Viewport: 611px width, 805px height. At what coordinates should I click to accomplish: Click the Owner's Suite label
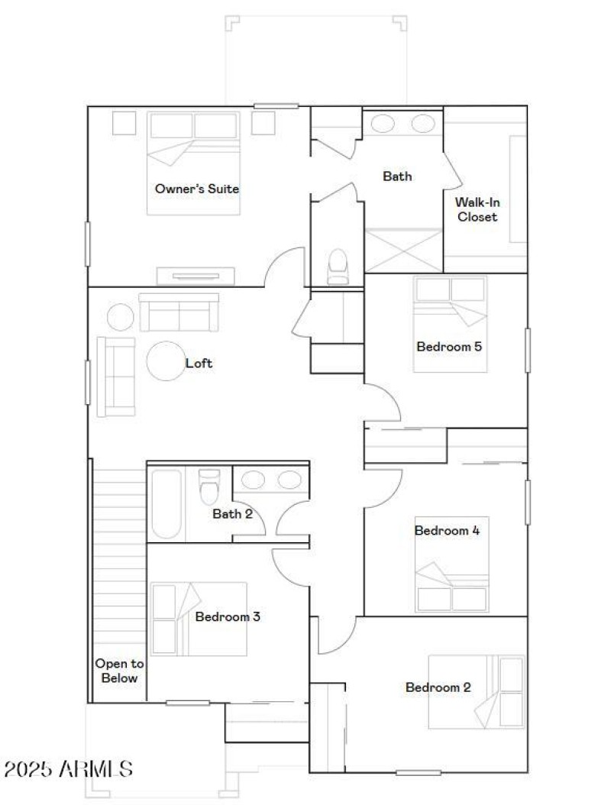[x=197, y=189]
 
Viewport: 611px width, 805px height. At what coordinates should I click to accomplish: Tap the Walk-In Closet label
[x=477, y=209]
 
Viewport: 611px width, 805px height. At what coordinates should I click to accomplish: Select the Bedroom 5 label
[x=448, y=347]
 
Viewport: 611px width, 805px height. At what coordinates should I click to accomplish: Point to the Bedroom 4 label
[x=447, y=530]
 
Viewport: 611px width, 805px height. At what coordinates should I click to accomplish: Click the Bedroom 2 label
[x=438, y=687]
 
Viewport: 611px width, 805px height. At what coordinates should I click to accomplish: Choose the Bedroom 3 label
[x=228, y=616]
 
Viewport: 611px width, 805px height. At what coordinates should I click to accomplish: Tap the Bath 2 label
[x=232, y=514]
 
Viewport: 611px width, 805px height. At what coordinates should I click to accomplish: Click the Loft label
[x=199, y=364]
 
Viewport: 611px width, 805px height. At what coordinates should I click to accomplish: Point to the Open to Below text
[x=117, y=671]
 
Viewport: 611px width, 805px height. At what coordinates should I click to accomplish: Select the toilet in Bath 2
[x=209, y=485]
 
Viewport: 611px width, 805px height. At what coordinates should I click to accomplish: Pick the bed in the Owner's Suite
[x=194, y=163]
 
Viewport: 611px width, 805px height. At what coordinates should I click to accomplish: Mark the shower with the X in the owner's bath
[x=403, y=250]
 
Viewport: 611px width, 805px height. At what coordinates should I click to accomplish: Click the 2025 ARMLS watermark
[x=70, y=768]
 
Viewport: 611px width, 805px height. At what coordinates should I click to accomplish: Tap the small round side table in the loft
[x=120, y=316]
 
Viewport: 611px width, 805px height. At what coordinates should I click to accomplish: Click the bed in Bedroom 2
[x=476, y=691]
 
